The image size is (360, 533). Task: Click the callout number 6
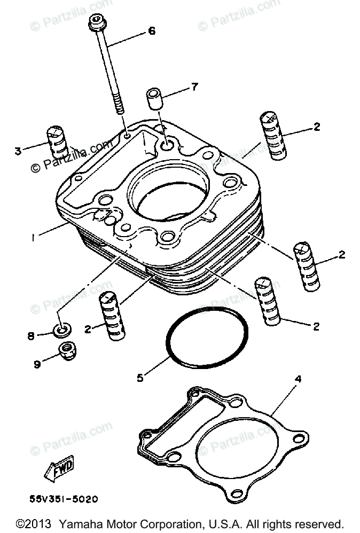click(x=152, y=32)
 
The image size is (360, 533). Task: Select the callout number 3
click(x=18, y=151)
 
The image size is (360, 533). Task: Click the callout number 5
click(x=140, y=378)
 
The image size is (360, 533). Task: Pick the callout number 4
click(x=298, y=379)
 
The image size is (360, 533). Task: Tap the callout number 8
click(x=31, y=336)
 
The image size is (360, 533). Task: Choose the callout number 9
click(x=37, y=364)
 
